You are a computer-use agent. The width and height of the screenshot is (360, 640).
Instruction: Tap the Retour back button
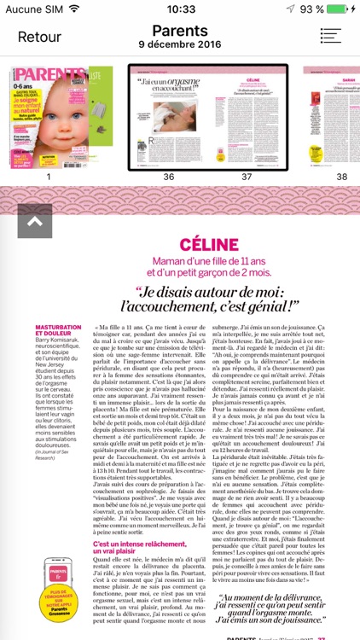pos(39,37)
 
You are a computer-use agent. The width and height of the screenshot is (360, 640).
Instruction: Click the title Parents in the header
pos(180,31)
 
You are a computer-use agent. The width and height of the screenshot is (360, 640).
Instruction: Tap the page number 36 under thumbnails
pos(168,177)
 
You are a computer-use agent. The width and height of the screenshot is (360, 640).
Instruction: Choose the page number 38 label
pos(341,177)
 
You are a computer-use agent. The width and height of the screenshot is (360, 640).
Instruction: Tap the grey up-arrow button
pos(34,221)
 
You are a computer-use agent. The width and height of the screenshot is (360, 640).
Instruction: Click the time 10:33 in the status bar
pos(180,9)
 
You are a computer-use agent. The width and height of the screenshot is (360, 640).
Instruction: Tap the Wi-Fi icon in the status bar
pos(74,9)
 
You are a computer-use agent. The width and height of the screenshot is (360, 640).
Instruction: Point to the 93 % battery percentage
pos(311,9)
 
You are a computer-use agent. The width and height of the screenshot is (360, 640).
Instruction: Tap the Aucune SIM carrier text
pos(34,9)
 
